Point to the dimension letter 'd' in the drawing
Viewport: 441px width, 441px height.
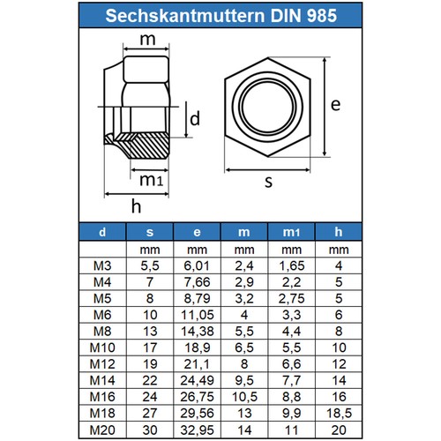point(196,117)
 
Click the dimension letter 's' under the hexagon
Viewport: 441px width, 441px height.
point(267,183)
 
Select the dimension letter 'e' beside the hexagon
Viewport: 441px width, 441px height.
point(335,104)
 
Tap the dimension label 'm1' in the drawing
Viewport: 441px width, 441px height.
point(151,181)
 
